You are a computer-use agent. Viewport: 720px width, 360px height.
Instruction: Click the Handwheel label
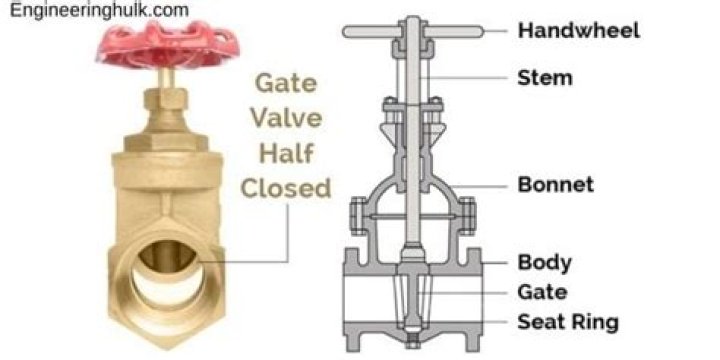pyautogui.click(x=579, y=30)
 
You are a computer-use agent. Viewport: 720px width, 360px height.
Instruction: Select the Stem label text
pyautogui.click(x=545, y=78)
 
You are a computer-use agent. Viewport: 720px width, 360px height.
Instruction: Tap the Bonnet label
pyautogui.click(x=556, y=184)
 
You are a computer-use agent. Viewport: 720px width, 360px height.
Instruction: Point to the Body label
pyautogui.click(x=545, y=263)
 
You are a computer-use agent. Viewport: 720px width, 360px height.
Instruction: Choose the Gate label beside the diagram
pyautogui.click(x=542, y=292)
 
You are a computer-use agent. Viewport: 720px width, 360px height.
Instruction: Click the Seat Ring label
pyautogui.click(x=568, y=322)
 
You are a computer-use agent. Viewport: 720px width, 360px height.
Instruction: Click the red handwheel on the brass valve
pyautogui.click(x=168, y=45)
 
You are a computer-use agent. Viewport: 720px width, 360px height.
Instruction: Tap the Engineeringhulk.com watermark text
pyautogui.click(x=99, y=10)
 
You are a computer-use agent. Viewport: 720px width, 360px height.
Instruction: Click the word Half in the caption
pyautogui.click(x=286, y=153)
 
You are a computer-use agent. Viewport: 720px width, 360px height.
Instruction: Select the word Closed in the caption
pyautogui.click(x=286, y=188)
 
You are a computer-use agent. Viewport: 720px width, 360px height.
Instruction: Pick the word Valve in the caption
pyautogui.click(x=286, y=118)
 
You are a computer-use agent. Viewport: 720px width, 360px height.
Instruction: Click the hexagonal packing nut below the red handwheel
pyautogui.click(x=166, y=99)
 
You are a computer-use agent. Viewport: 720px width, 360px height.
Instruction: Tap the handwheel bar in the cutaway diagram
pyautogui.click(x=413, y=31)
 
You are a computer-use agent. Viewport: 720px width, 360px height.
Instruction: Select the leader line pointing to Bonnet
pyautogui.click(x=479, y=186)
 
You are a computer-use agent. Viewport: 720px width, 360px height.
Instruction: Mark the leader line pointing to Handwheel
pyautogui.click(x=495, y=31)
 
